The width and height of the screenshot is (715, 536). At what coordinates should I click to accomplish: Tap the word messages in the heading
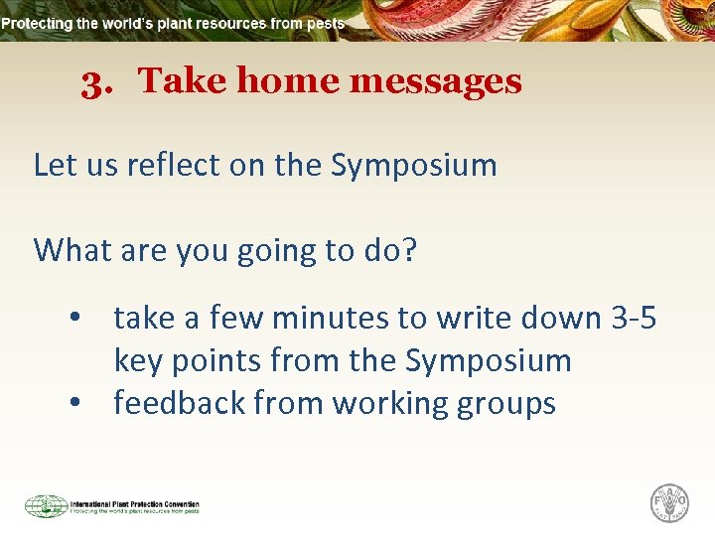(x=435, y=81)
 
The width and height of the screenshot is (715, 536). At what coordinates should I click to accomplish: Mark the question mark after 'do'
(x=408, y=250)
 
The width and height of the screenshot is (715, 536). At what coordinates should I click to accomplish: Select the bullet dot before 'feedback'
(x=74, y=404)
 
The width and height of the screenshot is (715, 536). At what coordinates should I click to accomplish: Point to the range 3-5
(x=633, y=318)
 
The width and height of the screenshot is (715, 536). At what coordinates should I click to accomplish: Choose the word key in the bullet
(x=139, y=361)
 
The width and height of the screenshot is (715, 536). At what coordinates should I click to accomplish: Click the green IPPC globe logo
(x=46, y=506)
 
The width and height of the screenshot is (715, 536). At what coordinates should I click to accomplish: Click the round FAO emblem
(x=669, y=503)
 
